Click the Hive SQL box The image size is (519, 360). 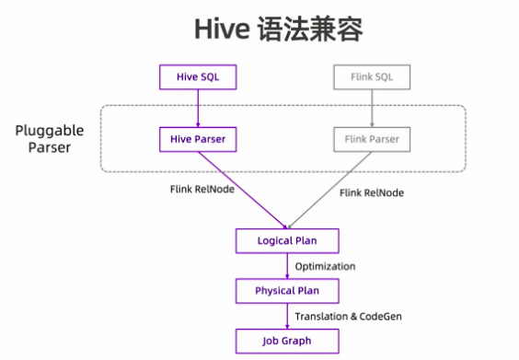(197, 76)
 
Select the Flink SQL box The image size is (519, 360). (372, 76)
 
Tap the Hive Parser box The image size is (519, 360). (197, 139)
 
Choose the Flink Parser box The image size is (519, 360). (372, 139)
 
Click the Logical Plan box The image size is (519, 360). (288, 241)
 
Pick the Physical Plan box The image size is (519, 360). (288, 291)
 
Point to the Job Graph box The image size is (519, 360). (288, 341)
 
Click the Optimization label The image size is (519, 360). (325, 266)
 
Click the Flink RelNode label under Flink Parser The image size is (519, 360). (371, 193)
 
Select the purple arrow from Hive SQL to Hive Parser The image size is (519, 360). (197, 108)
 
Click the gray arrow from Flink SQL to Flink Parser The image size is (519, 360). (372, 108)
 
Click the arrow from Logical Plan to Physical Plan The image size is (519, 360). (288, 266)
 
